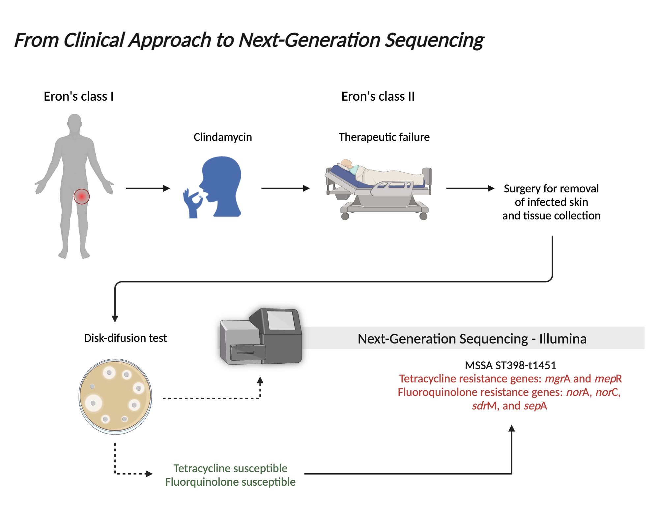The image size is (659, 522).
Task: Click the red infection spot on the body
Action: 81,197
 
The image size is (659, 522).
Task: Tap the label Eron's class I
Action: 78,96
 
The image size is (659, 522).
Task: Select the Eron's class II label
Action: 378,96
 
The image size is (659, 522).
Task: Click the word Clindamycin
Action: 223,137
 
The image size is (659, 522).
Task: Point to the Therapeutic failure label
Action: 384,137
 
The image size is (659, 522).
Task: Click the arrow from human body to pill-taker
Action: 148,188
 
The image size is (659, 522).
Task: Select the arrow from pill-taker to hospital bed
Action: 285,188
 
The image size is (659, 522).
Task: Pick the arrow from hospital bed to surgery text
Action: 470,188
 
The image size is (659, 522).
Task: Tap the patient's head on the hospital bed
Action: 346,163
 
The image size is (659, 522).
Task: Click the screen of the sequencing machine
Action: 281,320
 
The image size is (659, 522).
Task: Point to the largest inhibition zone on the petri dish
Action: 94,403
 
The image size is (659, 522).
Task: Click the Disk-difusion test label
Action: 126,338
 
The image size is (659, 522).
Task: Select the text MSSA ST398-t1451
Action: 510,365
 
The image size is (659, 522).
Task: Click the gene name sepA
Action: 535,406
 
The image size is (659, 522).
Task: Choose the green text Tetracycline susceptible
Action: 230,468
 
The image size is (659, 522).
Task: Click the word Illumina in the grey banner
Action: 563,339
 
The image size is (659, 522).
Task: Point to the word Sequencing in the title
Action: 434,40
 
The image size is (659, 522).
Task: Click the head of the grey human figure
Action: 74,122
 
